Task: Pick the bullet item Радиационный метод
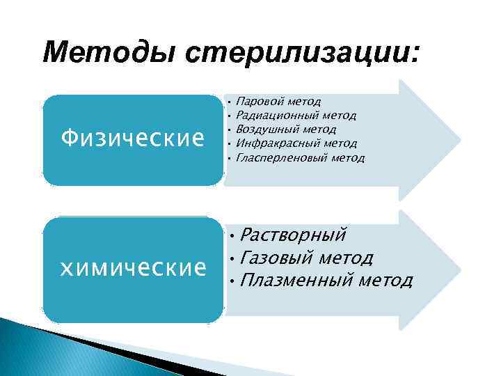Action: point(296,115)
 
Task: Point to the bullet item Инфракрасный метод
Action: point(297,143)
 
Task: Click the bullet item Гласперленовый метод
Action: point(300,157)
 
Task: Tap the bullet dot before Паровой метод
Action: point(228,102)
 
